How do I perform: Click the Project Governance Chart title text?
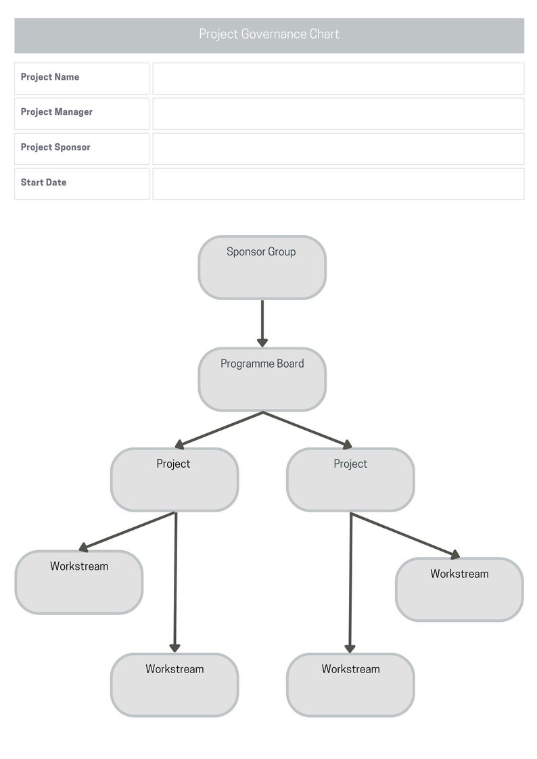[268, 34]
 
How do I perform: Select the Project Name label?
[50, 77]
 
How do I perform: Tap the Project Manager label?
[57, 112]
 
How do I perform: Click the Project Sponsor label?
[55, 147]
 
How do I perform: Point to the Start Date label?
[43, 182]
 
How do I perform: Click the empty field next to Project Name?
[338, 78]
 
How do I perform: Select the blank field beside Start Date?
[338, 184]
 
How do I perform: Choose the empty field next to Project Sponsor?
[338, 149]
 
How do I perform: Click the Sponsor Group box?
[262, 268]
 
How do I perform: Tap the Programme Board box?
[262, 379]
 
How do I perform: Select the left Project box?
[174, 480]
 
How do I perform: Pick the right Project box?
[350, 480]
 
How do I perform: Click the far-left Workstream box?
[79, 583]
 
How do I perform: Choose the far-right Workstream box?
[459, 590]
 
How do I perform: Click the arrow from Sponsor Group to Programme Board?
[262, 322]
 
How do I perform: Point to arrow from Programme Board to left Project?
[219, 429]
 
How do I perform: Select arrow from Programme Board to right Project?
[307, 429]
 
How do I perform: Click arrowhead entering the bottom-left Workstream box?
[174, 647]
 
